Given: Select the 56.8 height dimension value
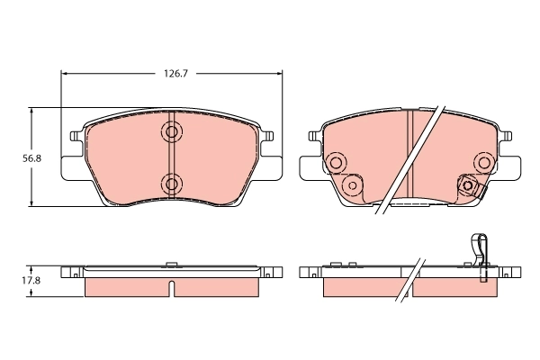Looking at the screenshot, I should [x=31, y=157].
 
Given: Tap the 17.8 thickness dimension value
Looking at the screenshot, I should [x=31, y=281].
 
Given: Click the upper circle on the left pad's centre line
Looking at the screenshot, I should [x=171, y=132].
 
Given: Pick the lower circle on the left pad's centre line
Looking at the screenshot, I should [x=171, y=184].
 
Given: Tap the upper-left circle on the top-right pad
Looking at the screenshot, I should [x=337, y=163].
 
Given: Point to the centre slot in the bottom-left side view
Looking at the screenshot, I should [x=171, y=288].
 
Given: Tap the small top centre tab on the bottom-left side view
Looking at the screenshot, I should [x=171, y=265].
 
